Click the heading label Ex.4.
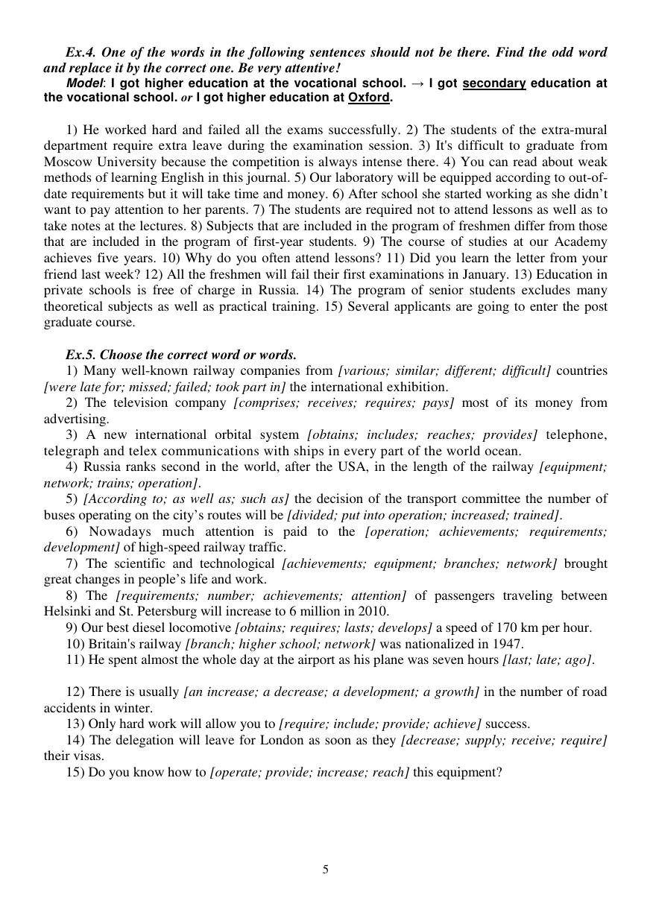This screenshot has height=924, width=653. click(80, 52)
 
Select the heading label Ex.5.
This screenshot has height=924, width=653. click(80, 355)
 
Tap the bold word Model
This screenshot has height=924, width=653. click(83, 83)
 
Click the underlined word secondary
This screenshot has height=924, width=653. click(494, 83)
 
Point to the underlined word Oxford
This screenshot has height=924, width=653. click(368, 98)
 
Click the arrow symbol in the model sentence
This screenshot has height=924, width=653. click(417, 83)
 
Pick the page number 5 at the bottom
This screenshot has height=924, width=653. click(326, 870)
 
